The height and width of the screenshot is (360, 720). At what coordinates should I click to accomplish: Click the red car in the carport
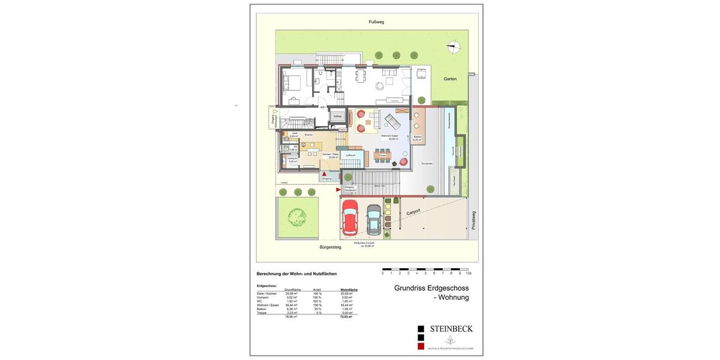(349, 218)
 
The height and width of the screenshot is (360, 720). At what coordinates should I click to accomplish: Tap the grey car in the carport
(374, 220)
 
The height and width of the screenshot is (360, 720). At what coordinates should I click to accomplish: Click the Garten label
(450, 79)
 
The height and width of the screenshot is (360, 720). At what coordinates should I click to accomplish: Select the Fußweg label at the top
(376, 22)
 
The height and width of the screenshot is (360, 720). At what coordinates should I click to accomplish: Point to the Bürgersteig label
(329, 247)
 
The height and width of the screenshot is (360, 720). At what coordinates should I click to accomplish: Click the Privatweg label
(473, 220)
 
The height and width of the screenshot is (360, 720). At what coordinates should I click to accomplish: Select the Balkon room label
(418, 137)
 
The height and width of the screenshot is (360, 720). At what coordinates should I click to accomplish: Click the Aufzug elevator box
(337, 116)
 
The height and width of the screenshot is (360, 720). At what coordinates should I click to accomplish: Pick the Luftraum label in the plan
(351, 155)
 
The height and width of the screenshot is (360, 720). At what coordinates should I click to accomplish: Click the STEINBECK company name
(451, 328)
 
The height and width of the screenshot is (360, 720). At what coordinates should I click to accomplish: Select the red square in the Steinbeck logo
(421, 346)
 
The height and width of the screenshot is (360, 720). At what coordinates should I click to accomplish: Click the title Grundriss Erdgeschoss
(431, 288)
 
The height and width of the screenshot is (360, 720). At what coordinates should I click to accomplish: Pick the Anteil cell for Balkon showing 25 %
(316, 309)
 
